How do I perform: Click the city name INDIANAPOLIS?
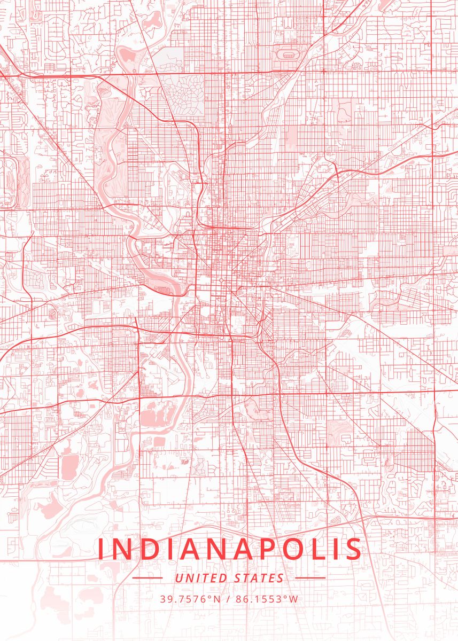tap(229, 549)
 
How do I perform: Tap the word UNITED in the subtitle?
tap(201, 578)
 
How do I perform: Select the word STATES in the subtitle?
tap(259, 578)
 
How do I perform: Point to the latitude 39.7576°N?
tap(190, 599)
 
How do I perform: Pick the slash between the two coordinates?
tap(228, 599)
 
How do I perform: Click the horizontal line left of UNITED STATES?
tap(147, 578)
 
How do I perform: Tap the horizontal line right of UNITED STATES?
tap(310, 578)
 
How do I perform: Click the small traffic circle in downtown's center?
tap(220, 280)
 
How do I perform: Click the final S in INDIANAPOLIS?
tap(353, 549)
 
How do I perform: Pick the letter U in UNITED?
tap(178, 578)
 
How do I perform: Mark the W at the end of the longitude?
tap(294, 599)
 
